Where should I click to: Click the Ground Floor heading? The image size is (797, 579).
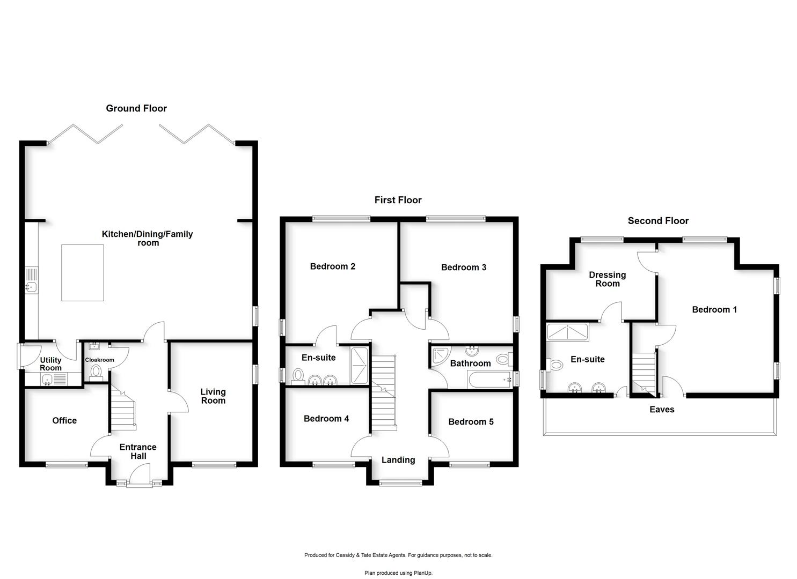coord(136,108)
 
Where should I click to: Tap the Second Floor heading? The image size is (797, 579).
coord(658,221)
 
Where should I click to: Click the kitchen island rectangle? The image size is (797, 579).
coord(83,272)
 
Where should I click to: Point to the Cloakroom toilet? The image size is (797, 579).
coord(96,371)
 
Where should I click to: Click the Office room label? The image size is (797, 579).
coord(64,421)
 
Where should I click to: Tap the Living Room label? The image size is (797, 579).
coord(213,396)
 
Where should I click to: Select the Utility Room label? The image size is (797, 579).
coord(51,364)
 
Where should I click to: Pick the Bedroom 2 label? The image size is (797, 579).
coord(333,266)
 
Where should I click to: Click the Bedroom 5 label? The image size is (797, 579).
coord(471,422)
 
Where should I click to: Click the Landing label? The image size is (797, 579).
coord(398,460)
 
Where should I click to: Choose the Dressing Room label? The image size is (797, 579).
coord(608,279)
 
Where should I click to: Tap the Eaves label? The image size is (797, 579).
coord(662,410)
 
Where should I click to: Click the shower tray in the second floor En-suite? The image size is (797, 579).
coord(567,332)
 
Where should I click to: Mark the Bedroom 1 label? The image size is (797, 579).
coord(714,310)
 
